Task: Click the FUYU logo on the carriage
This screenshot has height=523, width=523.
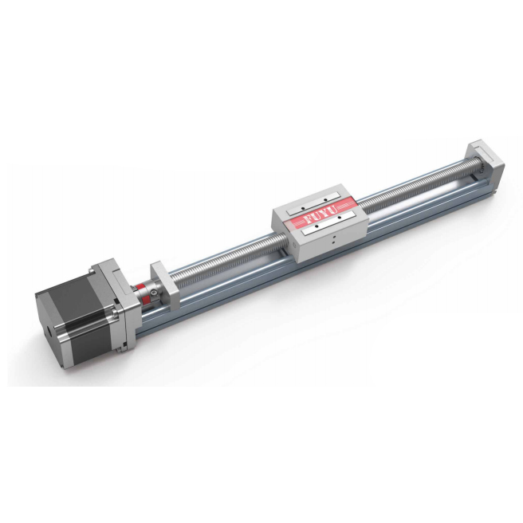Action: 318,217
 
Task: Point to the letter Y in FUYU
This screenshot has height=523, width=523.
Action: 323,214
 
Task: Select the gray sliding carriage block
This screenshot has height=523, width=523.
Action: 319,227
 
